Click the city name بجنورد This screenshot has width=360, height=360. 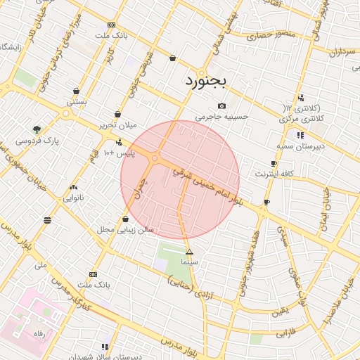point(207,81)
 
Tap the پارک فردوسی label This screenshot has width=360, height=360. point(35,141)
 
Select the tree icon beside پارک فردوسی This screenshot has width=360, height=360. point(37,129)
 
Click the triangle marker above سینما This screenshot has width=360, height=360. point(188,252)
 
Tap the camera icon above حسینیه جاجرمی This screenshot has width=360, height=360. point(221,106)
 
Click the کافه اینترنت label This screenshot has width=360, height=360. point(274,174)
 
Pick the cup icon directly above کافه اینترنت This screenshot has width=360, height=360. point(274,163)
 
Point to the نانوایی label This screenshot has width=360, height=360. point(74,198)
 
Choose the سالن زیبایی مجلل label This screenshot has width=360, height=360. point(125,230)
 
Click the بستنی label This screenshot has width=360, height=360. point(77,102)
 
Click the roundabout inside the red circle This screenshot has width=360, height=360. point(155,159)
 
